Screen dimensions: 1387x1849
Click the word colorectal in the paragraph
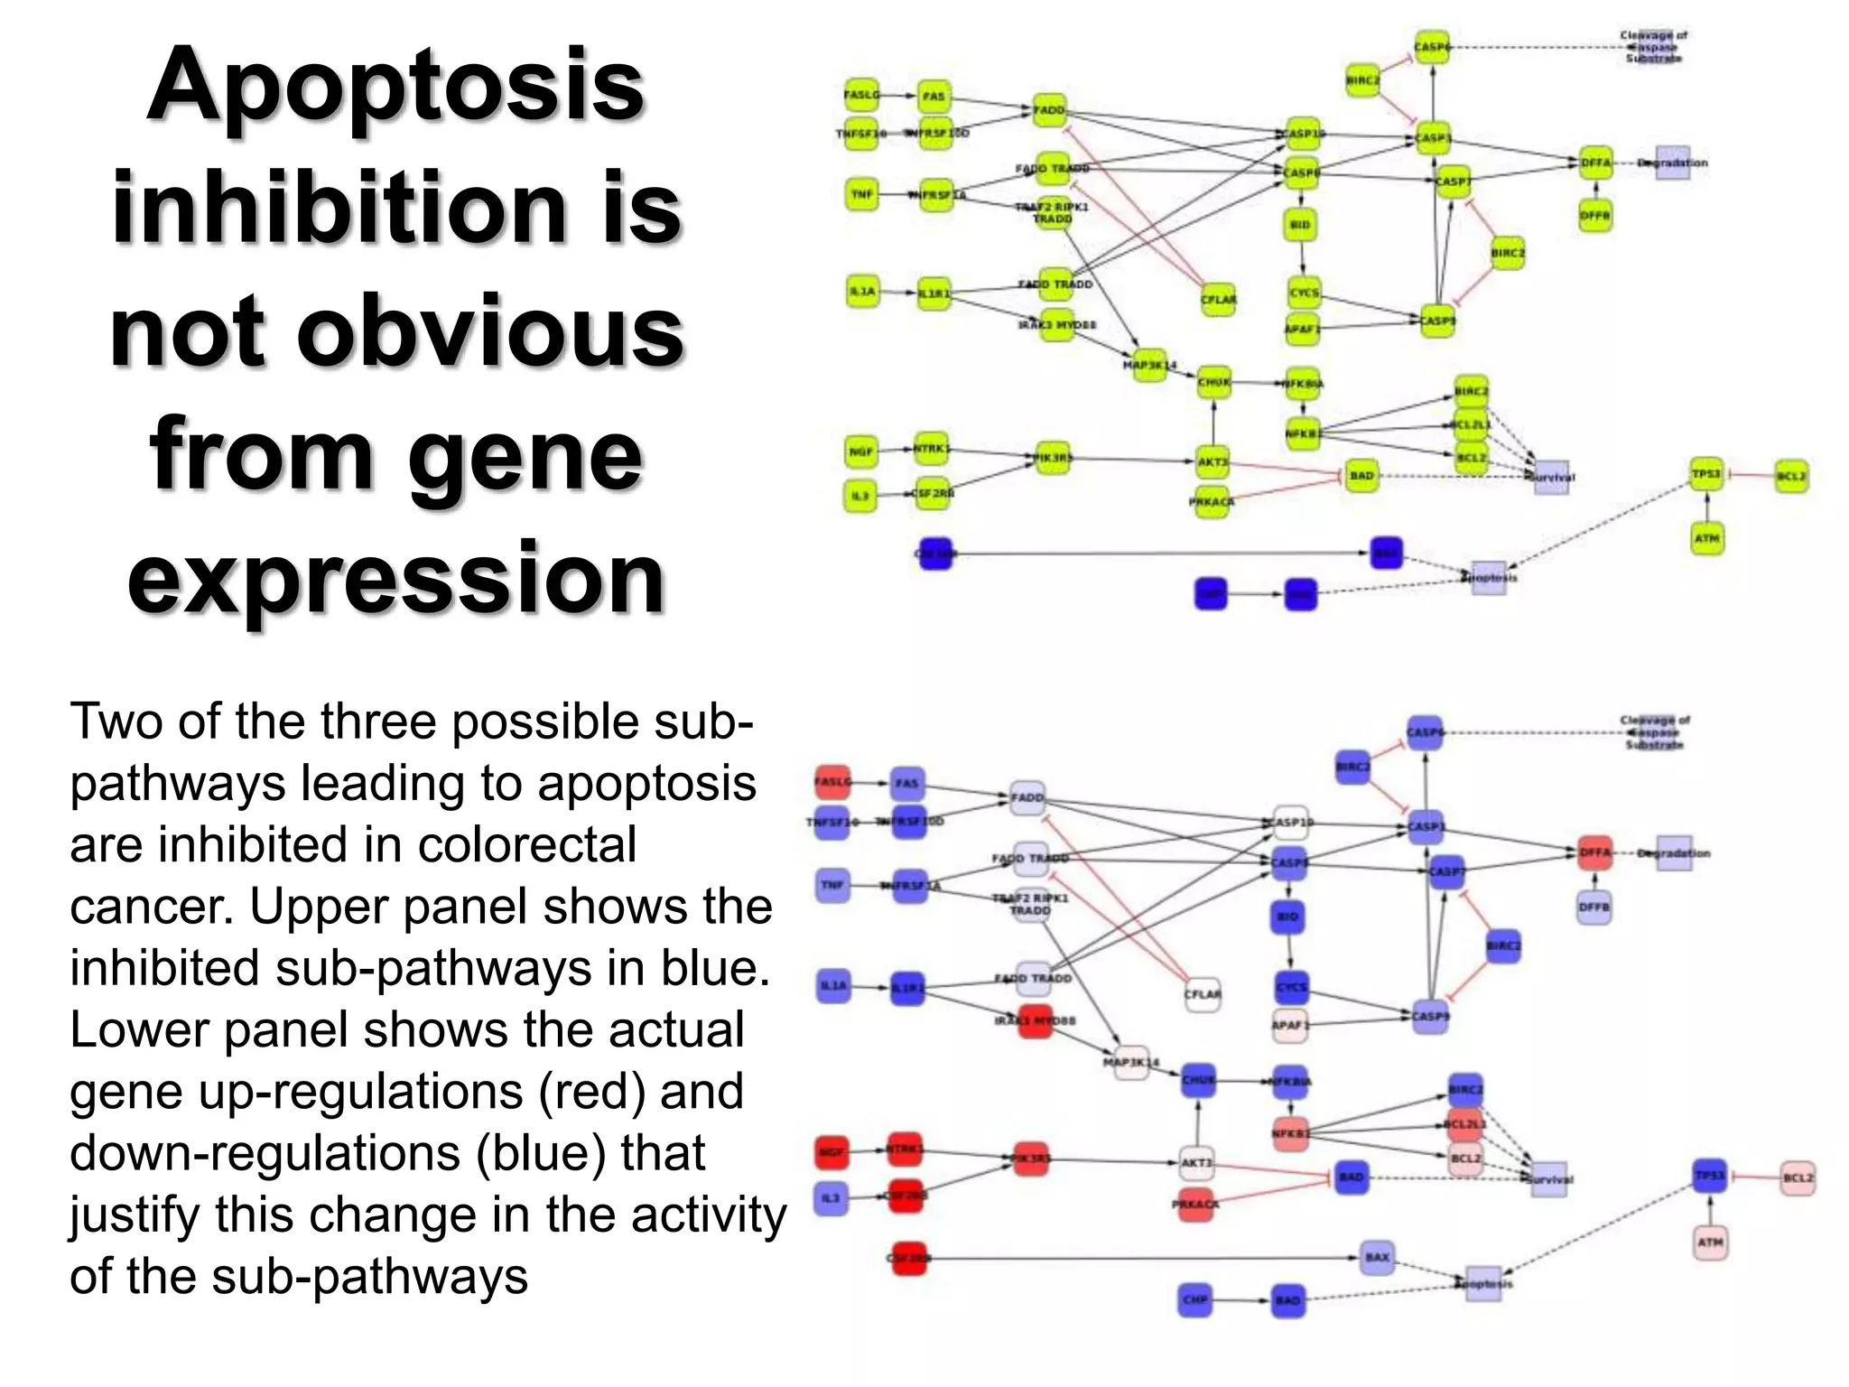(x=527, y=845)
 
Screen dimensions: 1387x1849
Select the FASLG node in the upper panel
(x=861, y=95)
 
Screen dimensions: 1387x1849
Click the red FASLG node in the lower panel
(x=832, y=782)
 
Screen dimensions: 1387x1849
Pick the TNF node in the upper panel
(x=862, y=194)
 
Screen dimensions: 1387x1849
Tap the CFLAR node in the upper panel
(x=1218, y=300)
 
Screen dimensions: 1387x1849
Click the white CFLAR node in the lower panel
(x=1202, y=994)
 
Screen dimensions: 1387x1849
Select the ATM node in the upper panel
(x=1706, y=538)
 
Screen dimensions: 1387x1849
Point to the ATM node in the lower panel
(x=1710, y=1243)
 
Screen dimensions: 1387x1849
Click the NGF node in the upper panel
(x=861, y=451)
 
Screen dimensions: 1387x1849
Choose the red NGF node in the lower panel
(x=832, y=1152)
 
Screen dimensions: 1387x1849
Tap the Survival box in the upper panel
(x=1552, y=477)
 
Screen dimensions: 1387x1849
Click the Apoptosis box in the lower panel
(x=1483, y=1283)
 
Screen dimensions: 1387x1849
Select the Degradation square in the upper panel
(x=1672, y=163)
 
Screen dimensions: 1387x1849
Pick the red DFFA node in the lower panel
(x=1594, y=852)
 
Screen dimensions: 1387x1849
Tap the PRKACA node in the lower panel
(x=1196, y=1205)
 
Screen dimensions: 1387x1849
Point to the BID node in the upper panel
(x=1300, y=224)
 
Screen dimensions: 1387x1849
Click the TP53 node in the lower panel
(x=1709, y=1176)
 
